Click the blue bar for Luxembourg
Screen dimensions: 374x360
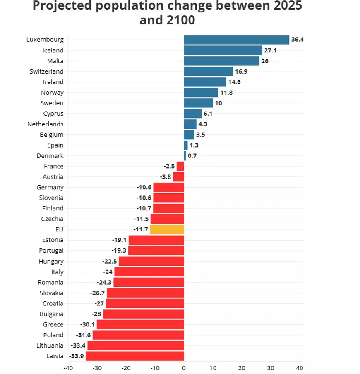236,40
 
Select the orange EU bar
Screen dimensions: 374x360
167,229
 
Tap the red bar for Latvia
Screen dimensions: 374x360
134,356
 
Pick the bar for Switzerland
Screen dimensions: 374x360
208,71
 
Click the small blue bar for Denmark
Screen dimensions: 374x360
185,156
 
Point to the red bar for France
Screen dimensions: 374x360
180,166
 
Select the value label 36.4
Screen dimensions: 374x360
297,40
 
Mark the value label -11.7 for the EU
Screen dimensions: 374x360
140,229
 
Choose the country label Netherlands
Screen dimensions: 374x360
46,124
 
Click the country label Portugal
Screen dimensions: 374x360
51,250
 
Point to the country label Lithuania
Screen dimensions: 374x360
50,345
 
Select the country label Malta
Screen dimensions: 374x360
55,61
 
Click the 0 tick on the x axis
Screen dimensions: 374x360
184,367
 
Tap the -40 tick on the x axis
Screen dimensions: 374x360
68,367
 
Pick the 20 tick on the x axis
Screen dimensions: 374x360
242,367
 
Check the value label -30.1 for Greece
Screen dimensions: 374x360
86,324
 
